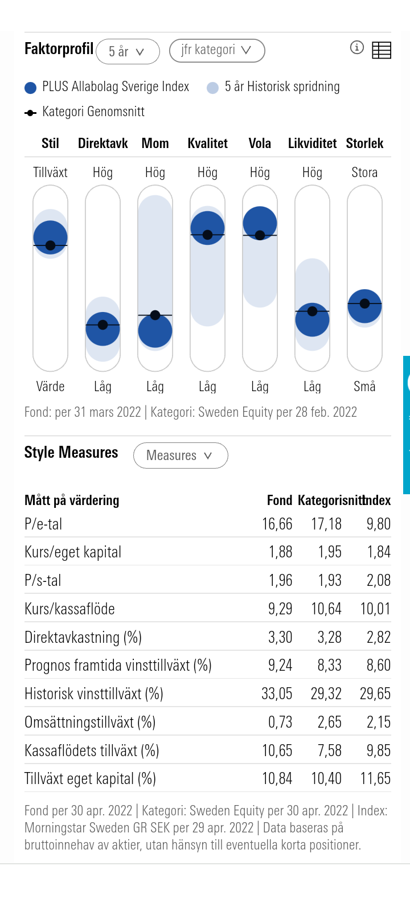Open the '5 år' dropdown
(128, 52)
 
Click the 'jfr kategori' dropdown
(217, 50)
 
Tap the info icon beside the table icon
(356, 48)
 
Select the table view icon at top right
(382, 50)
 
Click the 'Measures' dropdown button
(181, 455)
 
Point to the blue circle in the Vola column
(260, 222)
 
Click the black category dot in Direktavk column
(102, 325)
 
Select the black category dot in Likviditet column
(312, 311)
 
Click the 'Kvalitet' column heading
(207, 143)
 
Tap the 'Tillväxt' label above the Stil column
(50, 173)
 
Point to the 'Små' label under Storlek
(364, 387)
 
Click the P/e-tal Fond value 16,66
(277, 524)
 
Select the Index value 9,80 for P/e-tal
(378, 524)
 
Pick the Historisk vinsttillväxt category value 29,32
(326, 693)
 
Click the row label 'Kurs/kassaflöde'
(69, 609)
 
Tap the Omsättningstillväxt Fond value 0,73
(280, 722)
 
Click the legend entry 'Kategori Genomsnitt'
(93, 112)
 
